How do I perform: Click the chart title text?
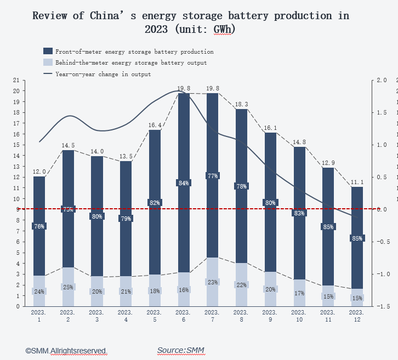[191, 22]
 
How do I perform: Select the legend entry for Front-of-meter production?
[134, 52]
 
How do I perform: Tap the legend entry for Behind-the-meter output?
[131, 63]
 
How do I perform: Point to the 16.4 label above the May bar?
[155, 125]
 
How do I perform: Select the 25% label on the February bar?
[68, 287]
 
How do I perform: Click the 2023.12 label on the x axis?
[357, 316]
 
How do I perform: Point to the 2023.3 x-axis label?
[97, 316]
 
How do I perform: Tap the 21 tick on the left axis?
[16, 81]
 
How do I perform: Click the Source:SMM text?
[180, 350]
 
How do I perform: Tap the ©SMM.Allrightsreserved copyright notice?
[66, 350]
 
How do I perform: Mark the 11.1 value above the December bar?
[357, 182]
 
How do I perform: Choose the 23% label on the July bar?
[213, 282]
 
